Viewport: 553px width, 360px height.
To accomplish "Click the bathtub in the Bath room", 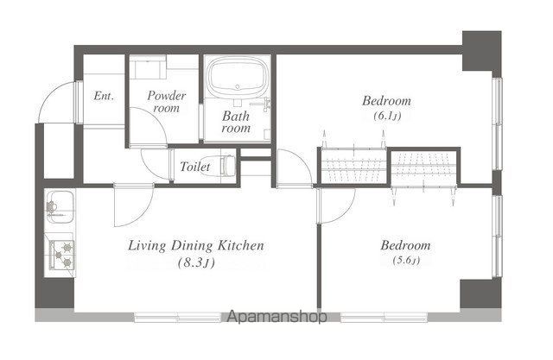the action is pyautogui.click(x=238, y=79).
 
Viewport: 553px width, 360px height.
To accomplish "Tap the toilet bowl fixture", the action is pyautogui.click(x=228, y=166).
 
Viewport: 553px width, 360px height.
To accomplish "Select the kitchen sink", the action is pyautogui.click(x=60, y=207).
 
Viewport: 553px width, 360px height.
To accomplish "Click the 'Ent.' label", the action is pyautogui.click(x=104, y=96).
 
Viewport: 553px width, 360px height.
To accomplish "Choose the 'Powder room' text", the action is pyautogui.click(x=166, y=102).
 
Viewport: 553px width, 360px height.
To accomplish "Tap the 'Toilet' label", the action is pyautogui.click(x=195, y=167).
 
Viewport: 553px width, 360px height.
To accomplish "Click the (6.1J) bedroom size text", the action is pyautogui.click(x=387, y=116).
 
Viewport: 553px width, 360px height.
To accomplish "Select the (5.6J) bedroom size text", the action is pyautogui.click(x=406, y=261).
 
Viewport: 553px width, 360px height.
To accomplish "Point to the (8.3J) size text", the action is pyautogui.click(x=196, y=262).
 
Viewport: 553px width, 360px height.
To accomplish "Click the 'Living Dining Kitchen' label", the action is pyautogui.click(x=196, y=245).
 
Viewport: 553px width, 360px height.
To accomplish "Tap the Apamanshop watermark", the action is pyautogui.click(x=276, y=317).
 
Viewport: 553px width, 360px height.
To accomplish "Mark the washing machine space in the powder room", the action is pyautogui.click(x=148, y=69).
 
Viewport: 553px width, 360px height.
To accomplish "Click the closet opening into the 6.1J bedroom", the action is pyautogui.click(x=354, y=167).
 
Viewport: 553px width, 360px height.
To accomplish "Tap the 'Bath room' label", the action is pyautogui.click(x=236, y=122).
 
